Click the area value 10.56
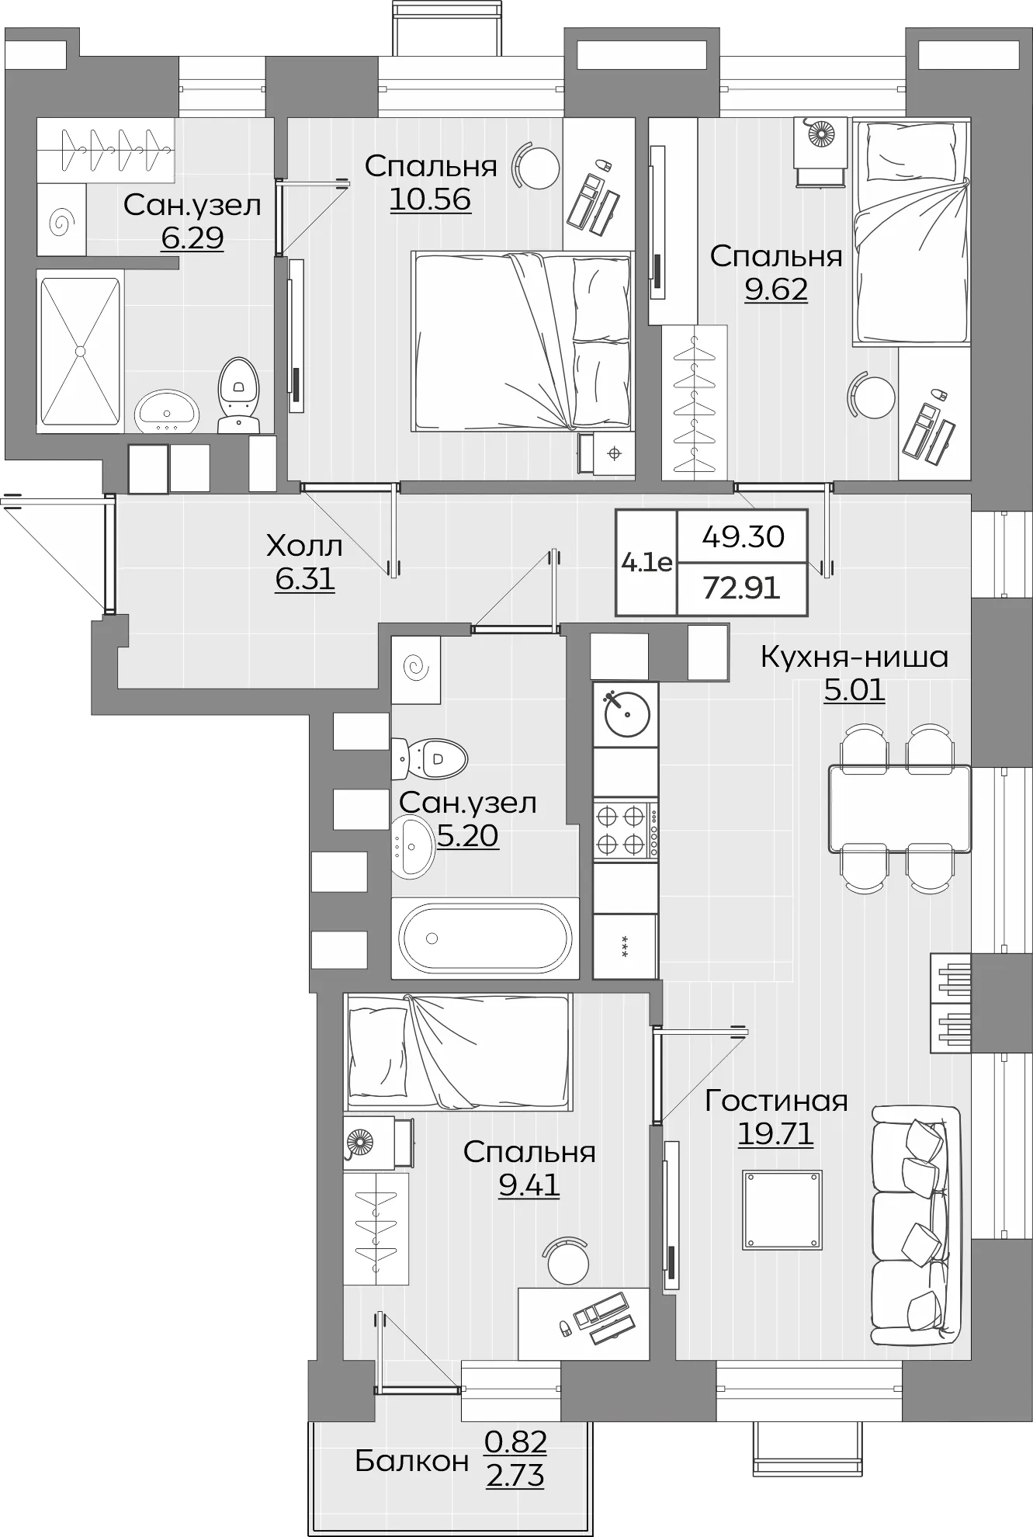[x=430, y=199]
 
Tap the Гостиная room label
[x=776, y=1101]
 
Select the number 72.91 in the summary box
[x=741, y=588]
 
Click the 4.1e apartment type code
[x=646, y=562]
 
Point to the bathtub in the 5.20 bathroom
[x=485, y=938]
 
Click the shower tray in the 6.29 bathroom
[x=80, y=351]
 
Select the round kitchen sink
[x=626, y=714]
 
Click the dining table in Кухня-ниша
[x=899, y=808]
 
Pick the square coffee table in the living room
[x=782, y=1209]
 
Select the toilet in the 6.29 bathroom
[x=238, y=394]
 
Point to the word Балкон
[x=411, y=1462]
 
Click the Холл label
[x=303, y=546]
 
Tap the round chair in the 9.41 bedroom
[x=567, y=1263]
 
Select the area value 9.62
[x=776, y=290]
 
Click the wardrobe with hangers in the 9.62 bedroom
[x=694, y=402]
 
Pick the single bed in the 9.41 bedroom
[x=458, y=1053]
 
